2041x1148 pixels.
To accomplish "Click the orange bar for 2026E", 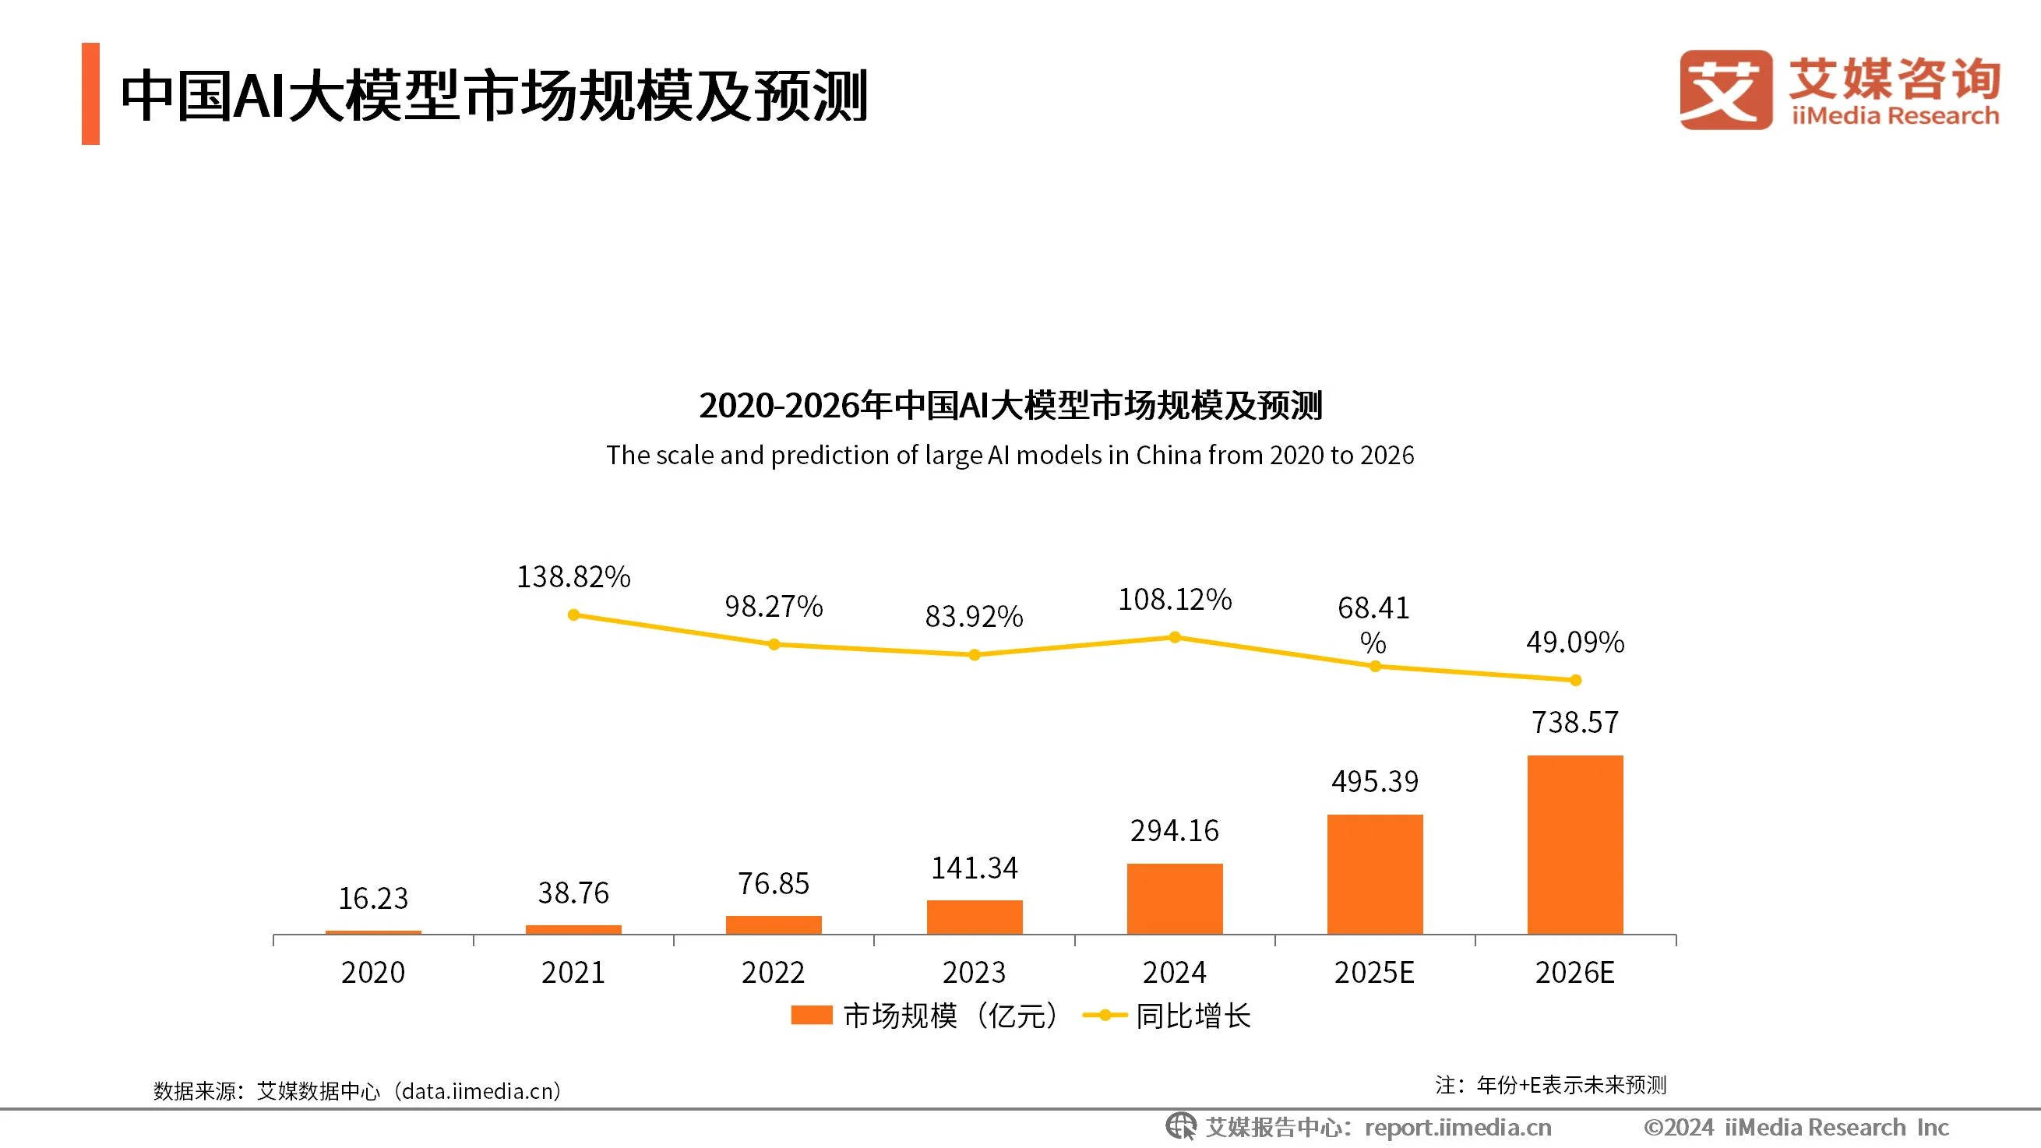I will pyautogui.click(x=1575, y=844).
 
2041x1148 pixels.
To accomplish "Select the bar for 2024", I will pyautogui.click(x=1174, y=899).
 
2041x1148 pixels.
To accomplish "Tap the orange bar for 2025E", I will pyautogui.click(x=1375, y=874).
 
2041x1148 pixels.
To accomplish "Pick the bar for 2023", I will pyautogui.click(x=975, y=917).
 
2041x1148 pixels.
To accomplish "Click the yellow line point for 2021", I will pyautogui.click(x=573, y=614).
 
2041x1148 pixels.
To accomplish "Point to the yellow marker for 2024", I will pyautogui.click(x=1175, y=637).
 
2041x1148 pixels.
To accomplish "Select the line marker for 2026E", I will pyautogui.click(x=1575, y=680).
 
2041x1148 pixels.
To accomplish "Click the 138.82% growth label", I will pyautogui.click(x=573, y=577).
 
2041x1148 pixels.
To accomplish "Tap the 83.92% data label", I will pyautogui.click(x=974, y=616).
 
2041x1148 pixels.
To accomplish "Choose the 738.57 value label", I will pyautogui.click(x=1575, y=722).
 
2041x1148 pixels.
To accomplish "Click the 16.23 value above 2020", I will pyautogui.click(x=373, y=899).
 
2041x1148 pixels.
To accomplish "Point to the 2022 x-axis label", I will pyautogui.click(x=774, y=972).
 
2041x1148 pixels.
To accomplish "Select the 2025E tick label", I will pyautogui.click(x=1374, y=972).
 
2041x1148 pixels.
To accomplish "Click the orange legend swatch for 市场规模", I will pyautogui.click(x=811, y=1016).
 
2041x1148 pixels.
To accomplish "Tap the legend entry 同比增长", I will pyautogui.click(x=1193, y=1016).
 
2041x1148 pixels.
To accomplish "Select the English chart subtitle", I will pyautogui.click(x=1010, y=456).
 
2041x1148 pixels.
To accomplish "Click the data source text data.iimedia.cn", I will pyautogui.click(x=478, y=1091).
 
